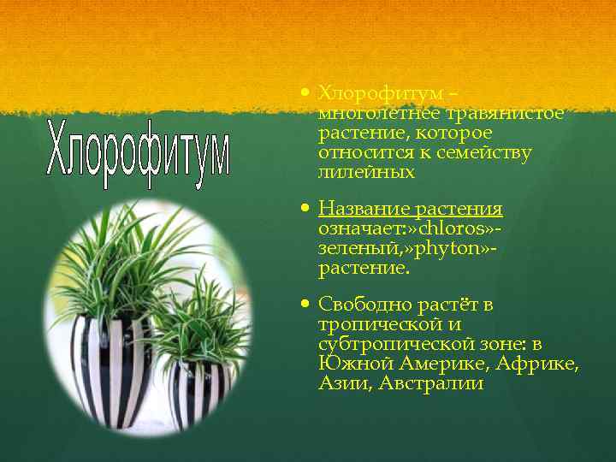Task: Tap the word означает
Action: tap(360, 229)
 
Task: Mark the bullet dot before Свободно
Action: tap(305, 305)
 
